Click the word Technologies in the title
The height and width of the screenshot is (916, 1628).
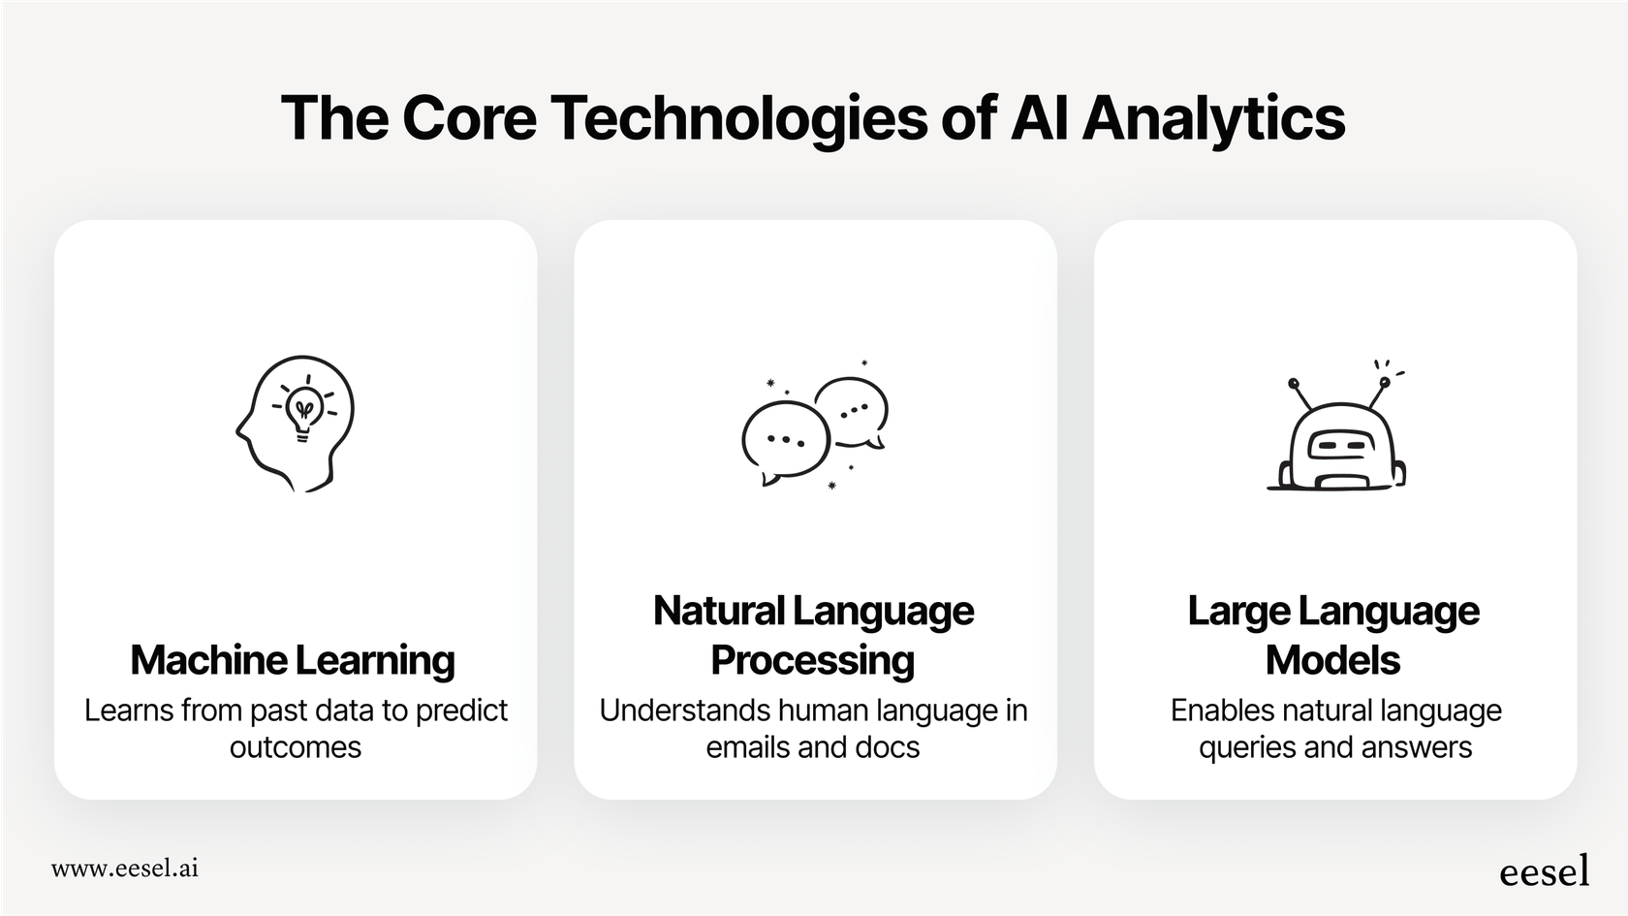click(738, 118)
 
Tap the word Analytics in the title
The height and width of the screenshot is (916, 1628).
click(1213, 118)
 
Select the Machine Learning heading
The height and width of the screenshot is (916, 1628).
click(293, 660)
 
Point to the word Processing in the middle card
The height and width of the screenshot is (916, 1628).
click(812, 660)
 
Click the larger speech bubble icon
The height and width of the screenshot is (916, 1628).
click(785, 440)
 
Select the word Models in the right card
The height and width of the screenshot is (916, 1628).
click(1332, 660)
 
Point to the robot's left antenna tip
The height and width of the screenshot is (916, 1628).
click(1293, 383)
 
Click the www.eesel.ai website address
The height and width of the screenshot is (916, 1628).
click(125, 869)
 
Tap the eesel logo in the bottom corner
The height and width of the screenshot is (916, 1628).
click(1544, 871)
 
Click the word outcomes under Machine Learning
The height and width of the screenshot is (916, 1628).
click(296, 747)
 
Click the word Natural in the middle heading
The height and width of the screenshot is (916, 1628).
click(718, 611)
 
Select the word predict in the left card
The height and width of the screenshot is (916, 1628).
click(461, 711)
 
